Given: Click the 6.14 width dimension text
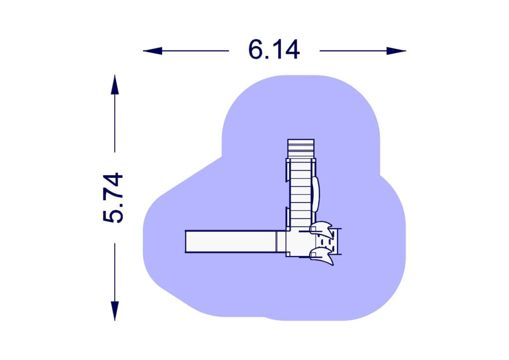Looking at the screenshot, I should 274,50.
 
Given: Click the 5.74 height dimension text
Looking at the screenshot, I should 113,197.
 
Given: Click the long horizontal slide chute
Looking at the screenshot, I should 231,241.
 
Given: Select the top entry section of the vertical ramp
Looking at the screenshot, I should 301,148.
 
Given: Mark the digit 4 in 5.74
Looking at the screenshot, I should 113,181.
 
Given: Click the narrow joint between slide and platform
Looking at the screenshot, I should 281,241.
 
